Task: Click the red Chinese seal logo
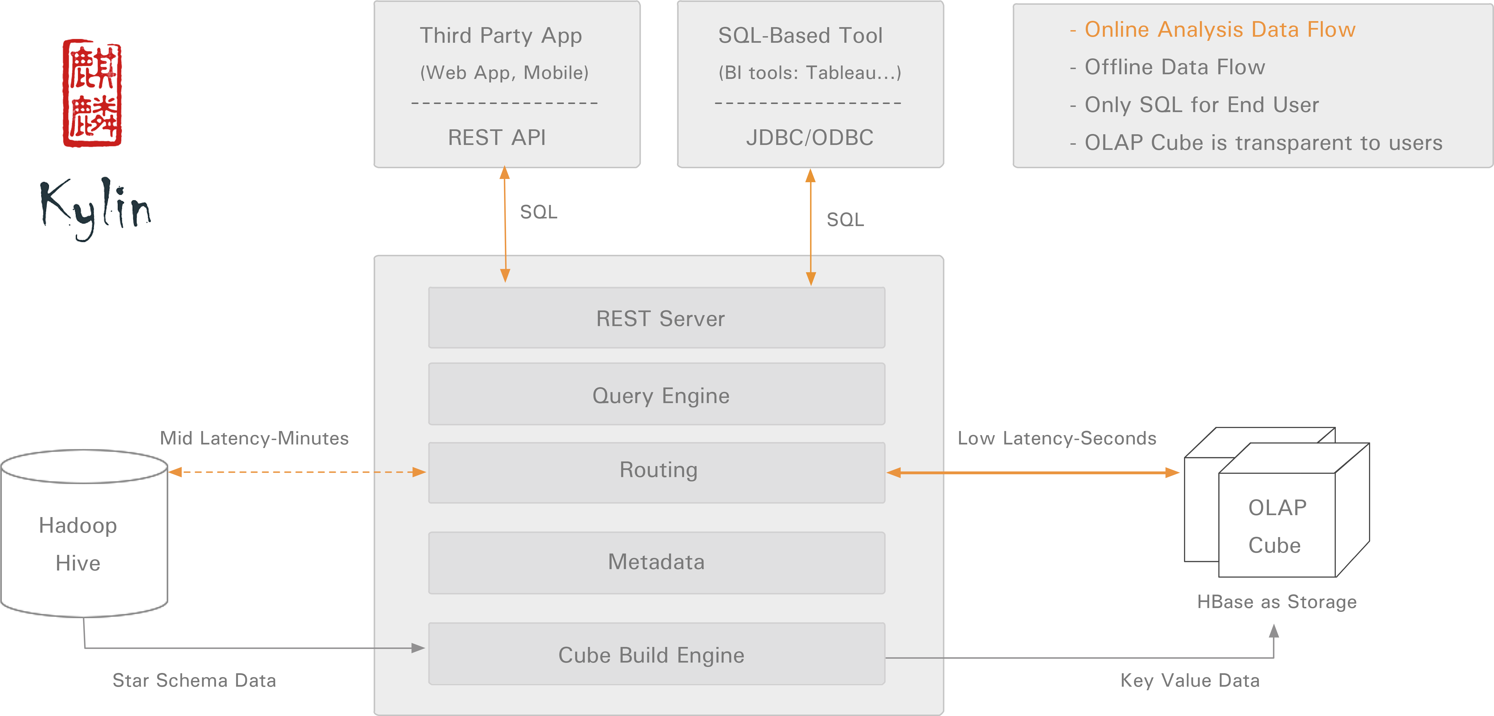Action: [92, 93]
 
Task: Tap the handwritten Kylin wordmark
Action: [96, 207]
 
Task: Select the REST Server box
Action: [656, 318]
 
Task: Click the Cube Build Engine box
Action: [656, 655]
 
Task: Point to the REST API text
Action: [497, 137]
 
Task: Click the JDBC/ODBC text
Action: [810, 137]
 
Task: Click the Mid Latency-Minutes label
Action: [254, 438]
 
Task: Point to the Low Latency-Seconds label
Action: [1057, 438]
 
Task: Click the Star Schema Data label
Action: [194, 680]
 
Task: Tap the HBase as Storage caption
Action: [1276, 602]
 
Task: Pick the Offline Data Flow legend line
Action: [1168, 67]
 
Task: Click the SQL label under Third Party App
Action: [538, 212]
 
